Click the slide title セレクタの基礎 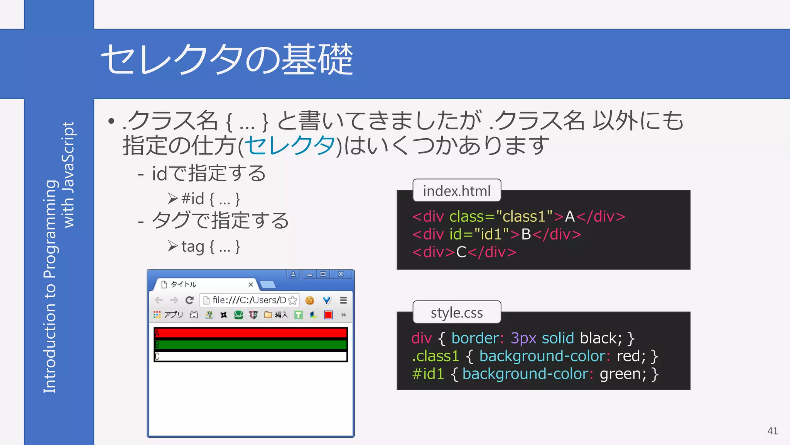pyautogui.click(x=227, y=60)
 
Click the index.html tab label pyautogui.click(x=457, y=191)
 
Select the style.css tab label pyautogui.click(x=457, y=313)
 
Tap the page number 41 pyautogui.click(x=772, y=431)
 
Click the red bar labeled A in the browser pyautogui.click(x=251, y=333)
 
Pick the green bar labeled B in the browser pyautogui.click(x=251, y=345)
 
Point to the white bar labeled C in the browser pyautogui.click(x=251, y=356)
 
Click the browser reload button pyautogui.click(x=189, y=300)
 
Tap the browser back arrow pyautogui.click(x=159, y=300)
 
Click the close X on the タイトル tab pyautogui.click(x=251, y=284)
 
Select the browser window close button pyautogui.click(x=341, y=274)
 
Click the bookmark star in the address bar pyautogui.click(x=293, y=300)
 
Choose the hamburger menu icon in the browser pyautogui.click(x=343, y=300)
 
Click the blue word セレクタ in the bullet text pyautogui.click(x=290, y=146)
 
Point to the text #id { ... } pyautogui.click(x=211, y=199)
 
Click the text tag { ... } pyautogui.click(x=211, y=246)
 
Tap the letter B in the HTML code pyautogui.click(x=526, y=234)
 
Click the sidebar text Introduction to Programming pyautogui.click(x=50, y=286)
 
